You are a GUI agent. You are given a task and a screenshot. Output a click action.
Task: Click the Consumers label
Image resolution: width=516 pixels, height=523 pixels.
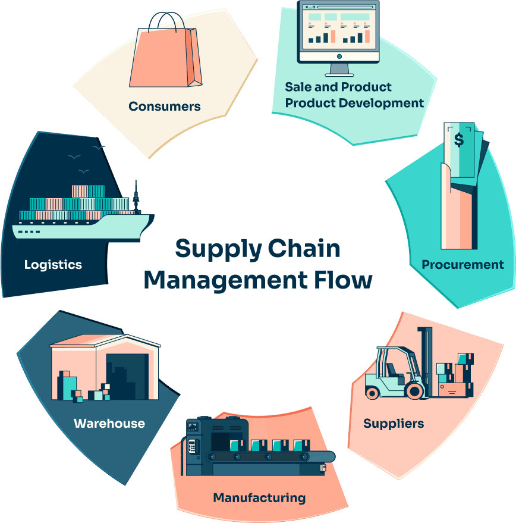click(165, 107)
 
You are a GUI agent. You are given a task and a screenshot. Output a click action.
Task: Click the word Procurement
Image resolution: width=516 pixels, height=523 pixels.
click(462, 264)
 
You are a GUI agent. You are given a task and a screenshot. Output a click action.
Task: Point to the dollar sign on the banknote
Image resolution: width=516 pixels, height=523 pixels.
click(460, 140)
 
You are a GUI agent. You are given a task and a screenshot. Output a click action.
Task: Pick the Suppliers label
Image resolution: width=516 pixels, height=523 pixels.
click(394, 424)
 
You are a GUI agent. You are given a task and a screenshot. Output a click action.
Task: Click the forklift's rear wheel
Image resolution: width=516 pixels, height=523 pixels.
click(373, 392)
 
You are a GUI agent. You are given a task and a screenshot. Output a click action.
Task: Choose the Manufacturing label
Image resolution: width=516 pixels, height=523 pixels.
click(259, 497)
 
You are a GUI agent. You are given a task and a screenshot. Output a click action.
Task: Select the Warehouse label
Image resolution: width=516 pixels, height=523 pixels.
click(109, 424)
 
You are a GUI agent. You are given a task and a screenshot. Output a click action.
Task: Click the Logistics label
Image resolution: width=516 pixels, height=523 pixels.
click(53, 264)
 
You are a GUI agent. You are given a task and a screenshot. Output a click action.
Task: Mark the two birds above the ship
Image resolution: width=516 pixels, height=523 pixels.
click(87, 152)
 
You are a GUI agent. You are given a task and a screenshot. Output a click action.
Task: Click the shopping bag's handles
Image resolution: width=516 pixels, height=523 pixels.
click(169, 20)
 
